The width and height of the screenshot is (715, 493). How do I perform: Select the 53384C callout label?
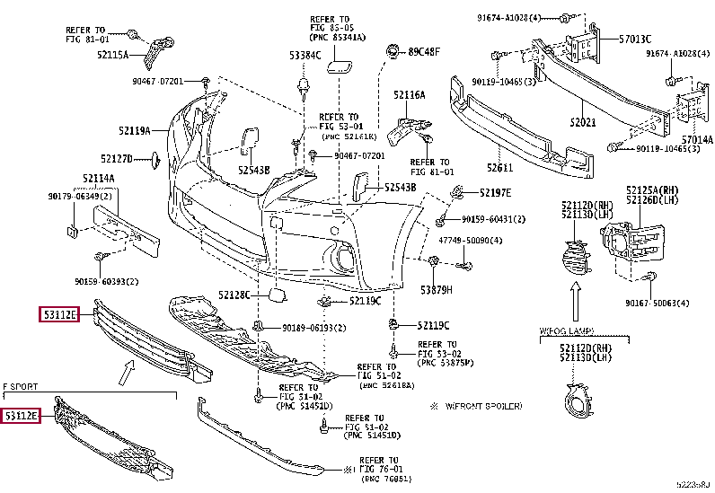tap(304, 55)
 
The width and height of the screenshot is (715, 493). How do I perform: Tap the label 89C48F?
tap(424, 51)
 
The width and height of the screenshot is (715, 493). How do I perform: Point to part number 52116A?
tap(409, 94)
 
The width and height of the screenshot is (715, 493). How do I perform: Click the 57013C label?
tap(634, 39)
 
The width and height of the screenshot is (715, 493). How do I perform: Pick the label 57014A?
tap(696, 139)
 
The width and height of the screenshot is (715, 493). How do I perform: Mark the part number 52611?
tap(500, 167)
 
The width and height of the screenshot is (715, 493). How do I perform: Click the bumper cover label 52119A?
tap(131, 131)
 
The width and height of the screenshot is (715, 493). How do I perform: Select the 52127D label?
tap(117, 159)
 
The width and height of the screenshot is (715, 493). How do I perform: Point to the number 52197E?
tap(494, 192)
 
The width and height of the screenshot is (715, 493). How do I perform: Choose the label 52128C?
tap(234, 295)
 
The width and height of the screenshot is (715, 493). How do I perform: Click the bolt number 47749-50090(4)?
tap(469, 240)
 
